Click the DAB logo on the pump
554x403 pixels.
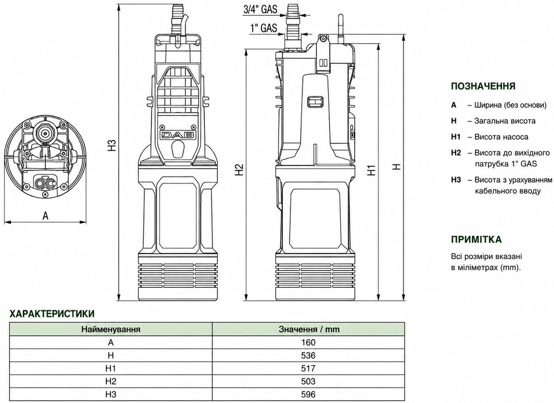(178, 135)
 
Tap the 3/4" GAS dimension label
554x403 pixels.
(260, 10)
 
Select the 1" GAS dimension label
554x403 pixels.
(263, 28)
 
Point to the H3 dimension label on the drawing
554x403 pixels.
(113, 145)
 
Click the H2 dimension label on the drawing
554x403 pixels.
(239, 170)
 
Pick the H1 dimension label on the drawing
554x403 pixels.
(371, 170)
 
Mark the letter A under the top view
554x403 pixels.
(45, 216)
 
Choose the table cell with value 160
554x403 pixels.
(308, 342)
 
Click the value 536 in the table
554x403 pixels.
(308, 356)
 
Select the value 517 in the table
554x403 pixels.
(308, 368)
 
